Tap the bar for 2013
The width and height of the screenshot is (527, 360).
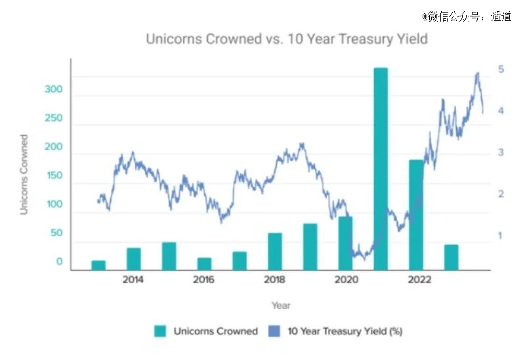pyautogui.click(x=98, y=265)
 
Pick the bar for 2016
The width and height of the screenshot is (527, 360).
pyautogui.click(x=204, y=264)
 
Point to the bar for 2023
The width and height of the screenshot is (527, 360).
pyautogui.click(x=451, y=257)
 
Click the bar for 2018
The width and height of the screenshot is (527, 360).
pyautogui.click(x=275, y=251)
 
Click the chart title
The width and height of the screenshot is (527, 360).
pyautogui.click(x=286, y=39)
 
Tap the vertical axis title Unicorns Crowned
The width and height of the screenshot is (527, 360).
pyautogui.click(x=24, y=174)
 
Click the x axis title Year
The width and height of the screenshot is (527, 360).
pyautogui.click(x=281, y=306)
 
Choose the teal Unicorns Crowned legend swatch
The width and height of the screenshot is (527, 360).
pyautogui.click(x=161, y=331)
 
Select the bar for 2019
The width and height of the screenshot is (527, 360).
pyautogui.click(x=310, y=247)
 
